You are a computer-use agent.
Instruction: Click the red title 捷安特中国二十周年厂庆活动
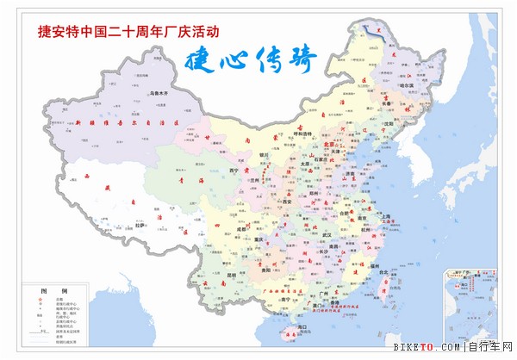[x=128, y=32]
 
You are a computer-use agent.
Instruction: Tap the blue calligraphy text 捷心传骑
[x=251, y=60]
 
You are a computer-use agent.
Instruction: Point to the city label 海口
[x=303, y=328]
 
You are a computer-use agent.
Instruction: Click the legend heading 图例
[x=36, y=291]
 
